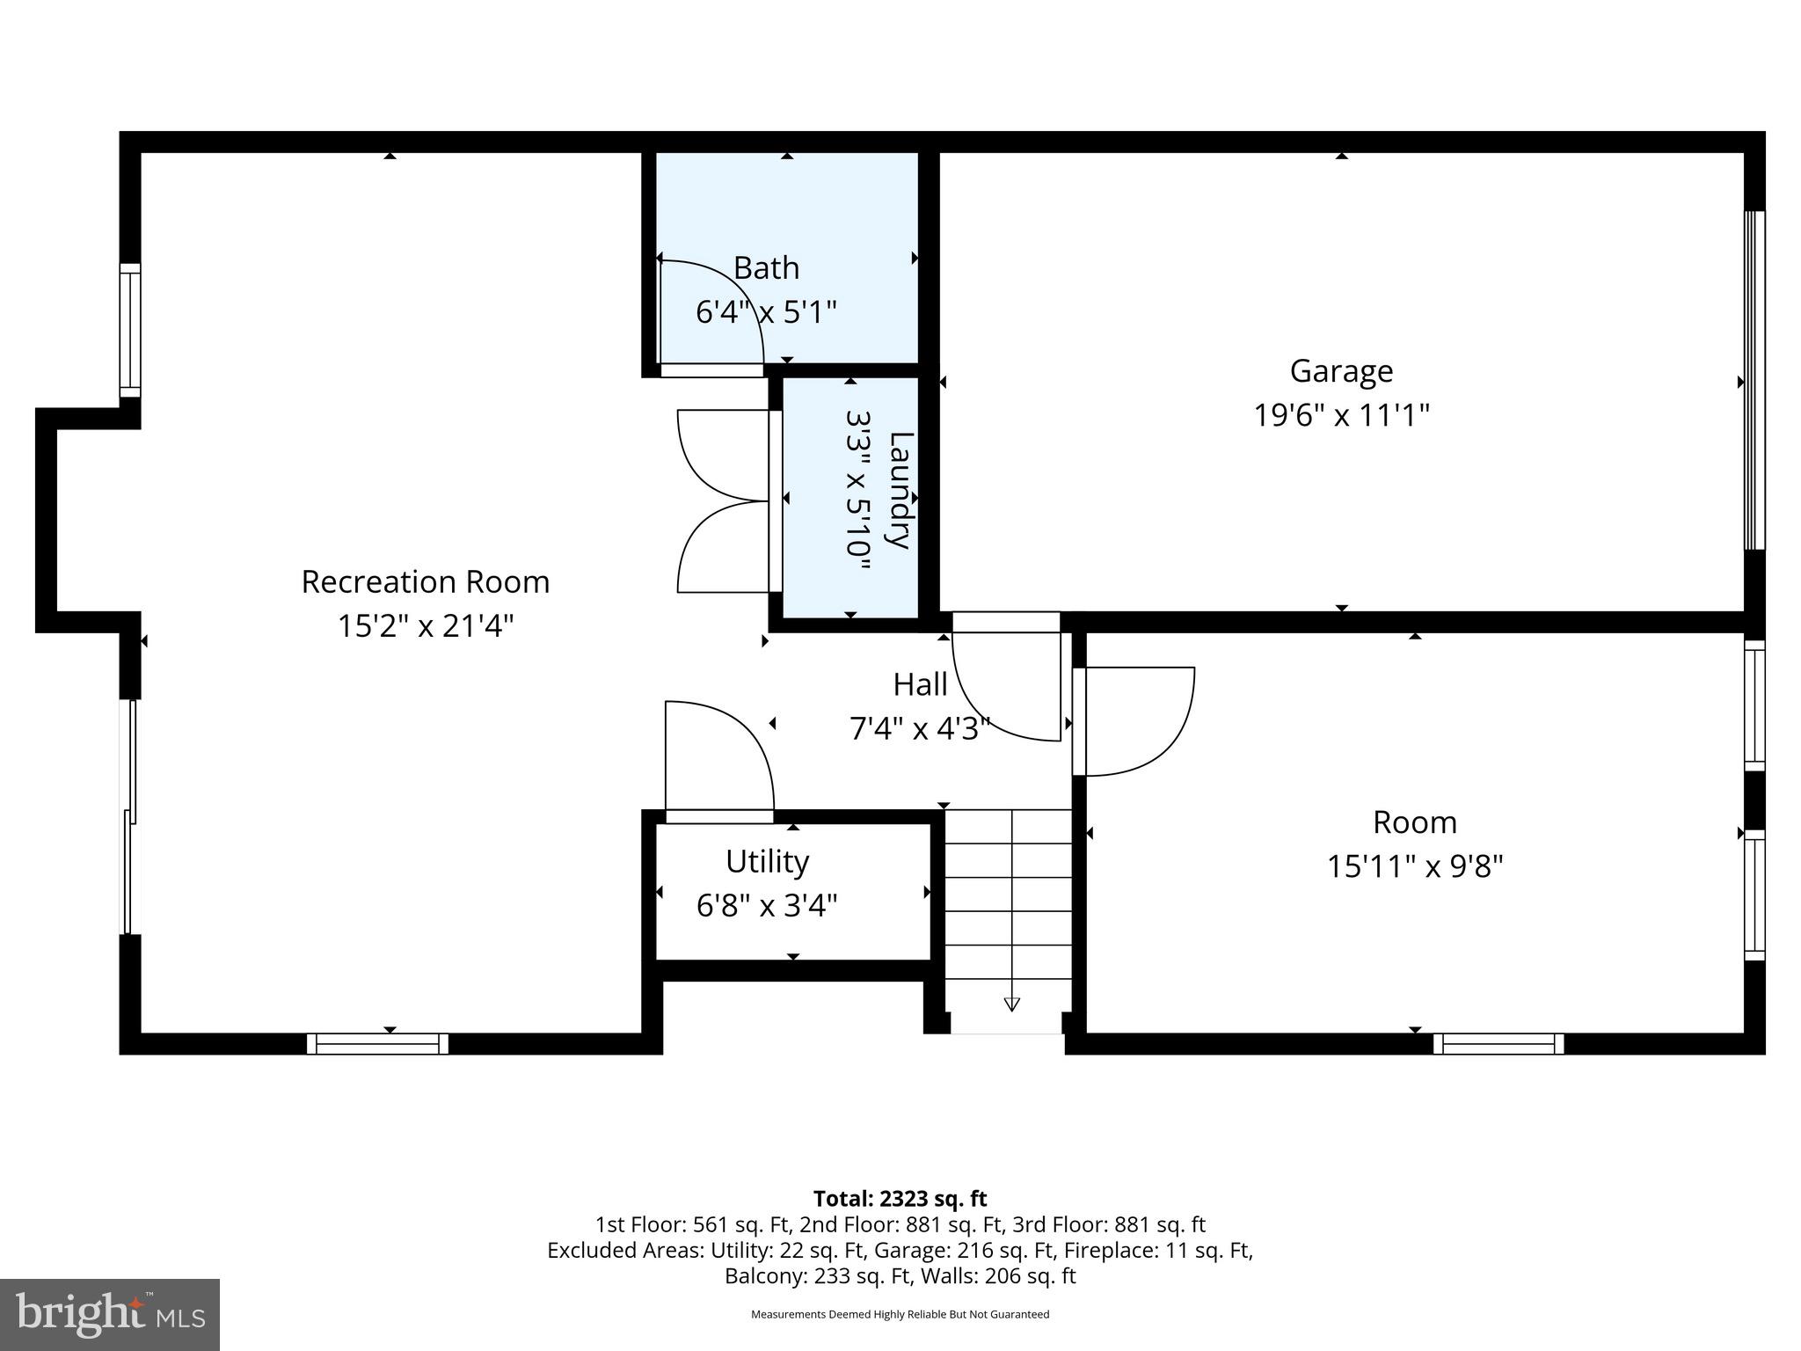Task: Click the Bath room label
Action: pos(766,267)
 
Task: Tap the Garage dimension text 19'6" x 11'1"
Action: pos(1341,414)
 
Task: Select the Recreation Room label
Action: pos(426,581)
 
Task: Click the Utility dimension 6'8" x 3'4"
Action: pos(767,905)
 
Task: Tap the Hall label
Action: pos(920,684)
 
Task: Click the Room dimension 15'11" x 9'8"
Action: pos(1414,866)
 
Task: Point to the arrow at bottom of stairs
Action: pos(1011,1004)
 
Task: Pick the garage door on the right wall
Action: pos(1754,380)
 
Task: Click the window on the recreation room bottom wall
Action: pos(377,1044)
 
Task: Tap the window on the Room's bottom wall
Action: pos(1498,1044)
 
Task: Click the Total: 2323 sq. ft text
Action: pos(900,1199)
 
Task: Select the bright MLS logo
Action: pos(110,1314)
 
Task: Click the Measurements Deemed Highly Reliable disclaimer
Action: pos(900,1314)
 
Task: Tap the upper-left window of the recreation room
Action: pos(130,330)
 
